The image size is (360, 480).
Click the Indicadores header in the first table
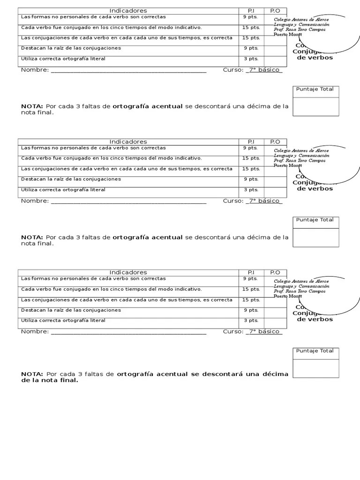click(x=128, y=11)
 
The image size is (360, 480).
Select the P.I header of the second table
click(x=251, y=142)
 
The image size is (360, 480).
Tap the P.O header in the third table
click(x=275, y=272)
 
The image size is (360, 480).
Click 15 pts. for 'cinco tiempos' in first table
click(x=251, y=27)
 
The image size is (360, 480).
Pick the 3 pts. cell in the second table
click(x=251, y=190)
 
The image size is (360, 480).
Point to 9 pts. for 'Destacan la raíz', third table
click(x=251, y=310)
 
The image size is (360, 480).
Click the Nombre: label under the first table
click(x=35, y=70)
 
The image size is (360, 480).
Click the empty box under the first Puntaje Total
click(x=315, y=106)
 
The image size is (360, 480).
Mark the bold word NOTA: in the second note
click(x=32, y=237)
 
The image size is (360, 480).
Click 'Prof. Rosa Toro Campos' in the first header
click(x=300, y=30)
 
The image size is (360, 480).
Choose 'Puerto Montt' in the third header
click(x=288, y=296)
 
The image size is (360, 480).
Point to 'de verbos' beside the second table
click(x=315, y=188)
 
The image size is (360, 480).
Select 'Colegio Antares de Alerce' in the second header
click(x=301, y=151)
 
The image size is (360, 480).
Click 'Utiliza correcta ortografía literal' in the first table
click(x=63, y=59)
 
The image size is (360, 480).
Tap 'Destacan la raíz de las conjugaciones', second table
click(x=71, y=179)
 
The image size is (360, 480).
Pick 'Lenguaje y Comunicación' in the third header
click(x=301, y=286)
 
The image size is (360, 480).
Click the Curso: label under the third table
click(x=233, y=331)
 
